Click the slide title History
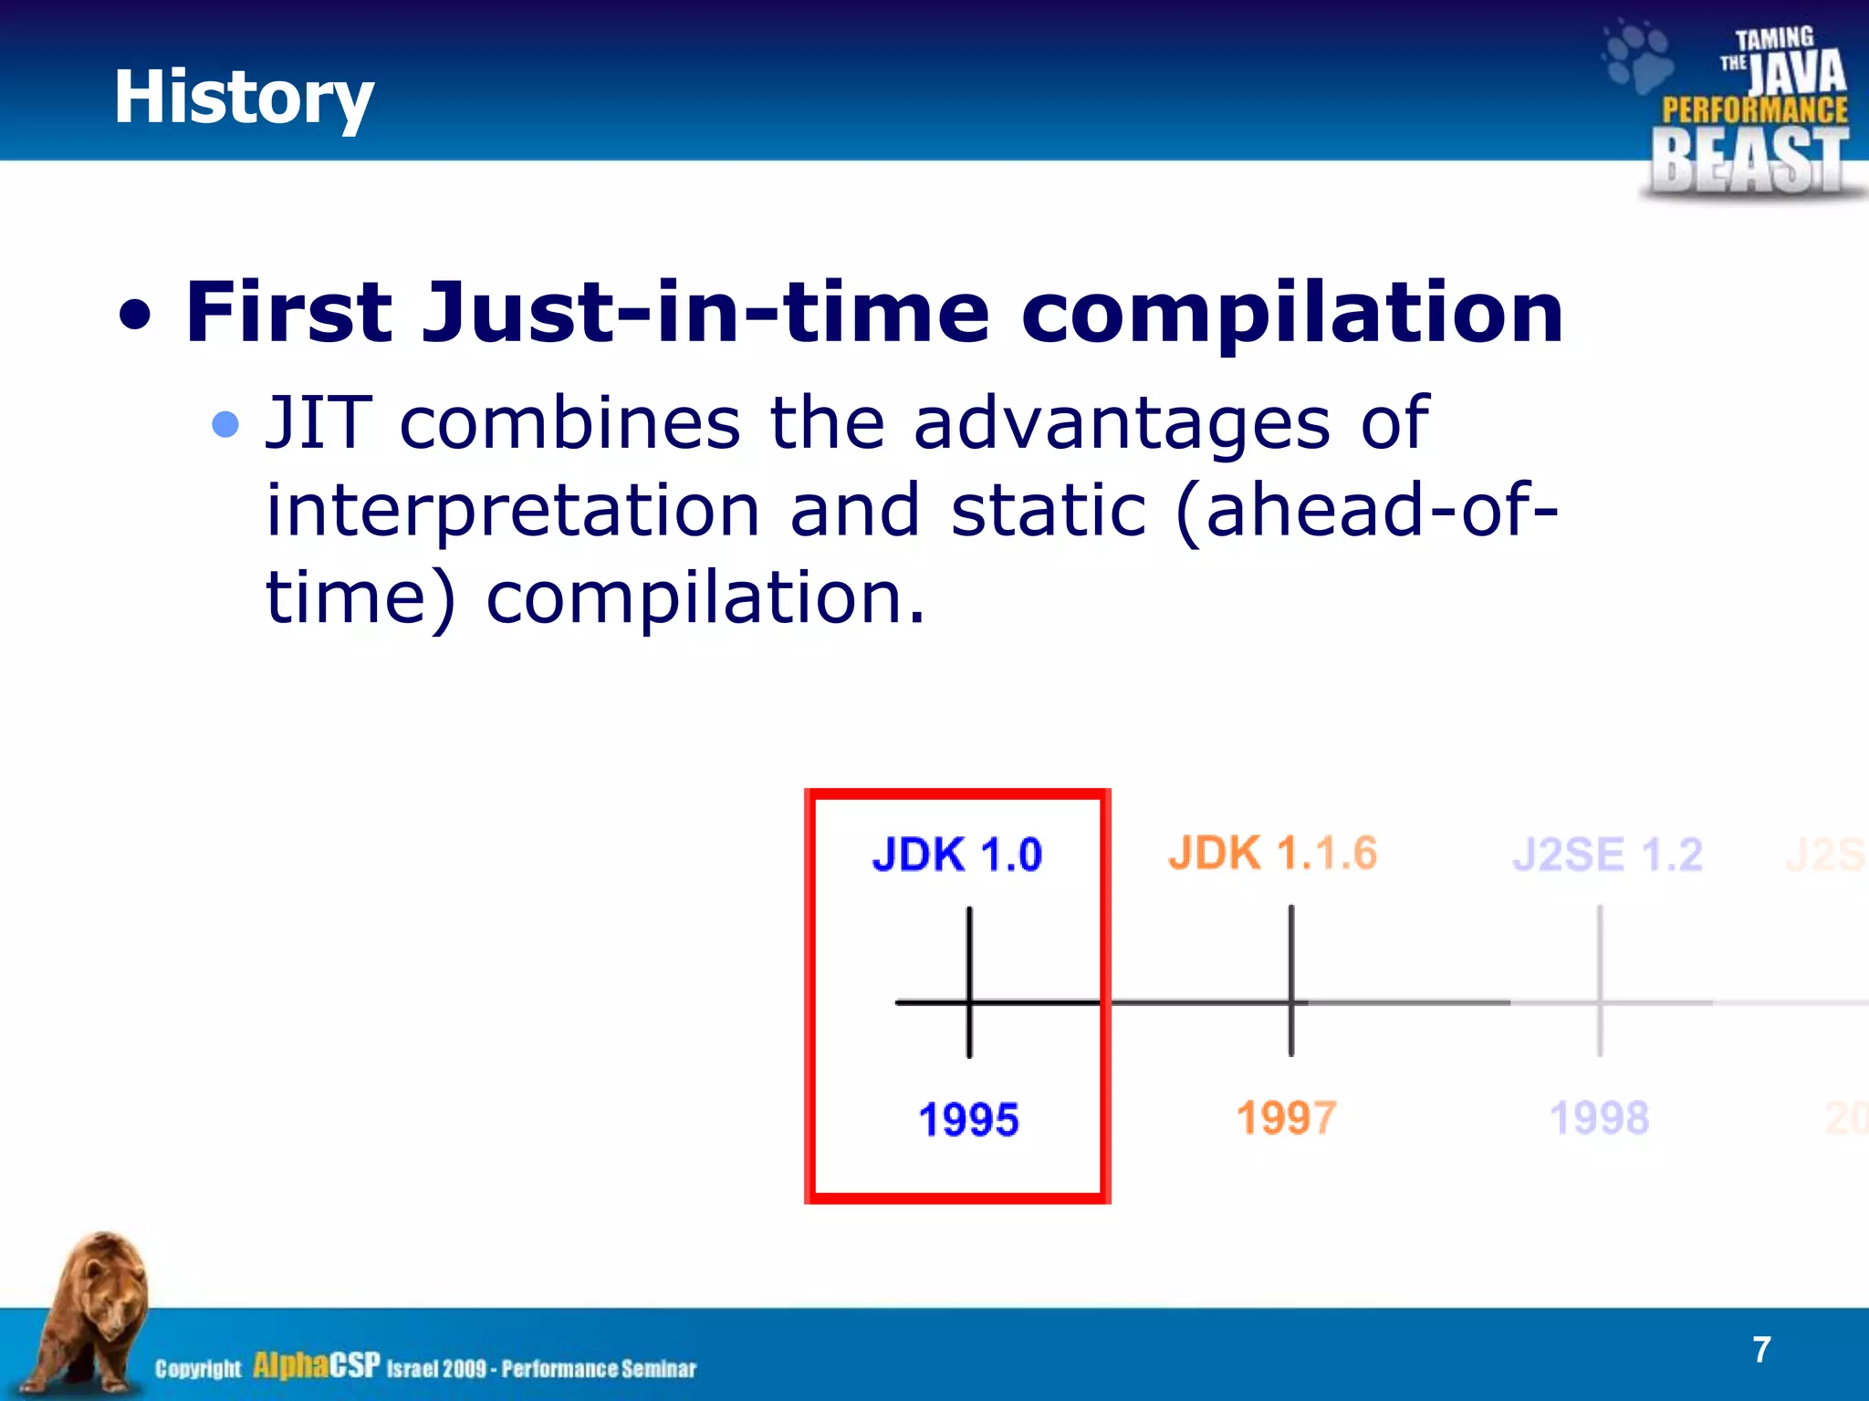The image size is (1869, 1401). [x=243, y=98]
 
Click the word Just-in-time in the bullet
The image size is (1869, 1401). [x=705, y=312]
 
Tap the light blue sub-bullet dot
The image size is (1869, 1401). [x=224, y=424]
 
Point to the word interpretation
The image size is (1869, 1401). [x=512, y=512]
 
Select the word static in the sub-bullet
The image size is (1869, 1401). [x=1048, y=510]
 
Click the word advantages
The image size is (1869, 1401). [x=1121, y=424]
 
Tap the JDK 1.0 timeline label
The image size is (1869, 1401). [x=956, y=855]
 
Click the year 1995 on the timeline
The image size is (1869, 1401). [x=968, y=1119]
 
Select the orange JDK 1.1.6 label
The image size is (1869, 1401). [x=1272, y=854]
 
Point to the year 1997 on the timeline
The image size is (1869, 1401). [x=1287, y=1118]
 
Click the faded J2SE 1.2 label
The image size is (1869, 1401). [x=1607, y=855]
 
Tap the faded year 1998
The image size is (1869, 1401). [x=1600, y=1118]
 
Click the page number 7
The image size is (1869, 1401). [x=1761, y=1349]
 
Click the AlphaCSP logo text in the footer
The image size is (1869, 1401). [x=316, y=1365]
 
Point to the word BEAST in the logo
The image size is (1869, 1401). [x=1749, y=160]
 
